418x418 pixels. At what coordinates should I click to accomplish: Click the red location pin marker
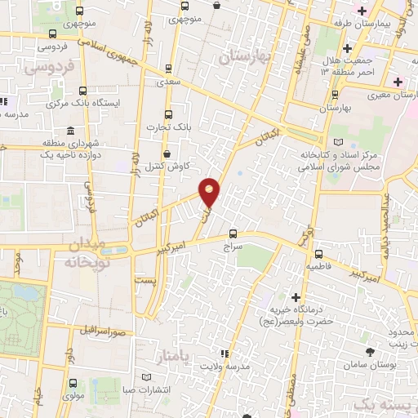coord(211,192)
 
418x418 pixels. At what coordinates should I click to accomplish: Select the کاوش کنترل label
coord(172,166)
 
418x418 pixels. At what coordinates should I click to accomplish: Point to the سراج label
coord(233,245)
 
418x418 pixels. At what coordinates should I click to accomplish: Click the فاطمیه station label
coord(319,266)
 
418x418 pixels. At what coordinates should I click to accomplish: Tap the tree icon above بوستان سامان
coord(371,350)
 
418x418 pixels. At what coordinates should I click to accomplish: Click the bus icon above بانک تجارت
coord(168,114)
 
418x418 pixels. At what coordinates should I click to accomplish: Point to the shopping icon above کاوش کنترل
coord(167,153)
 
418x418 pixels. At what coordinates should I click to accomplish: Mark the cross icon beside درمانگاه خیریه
coord(296,296)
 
